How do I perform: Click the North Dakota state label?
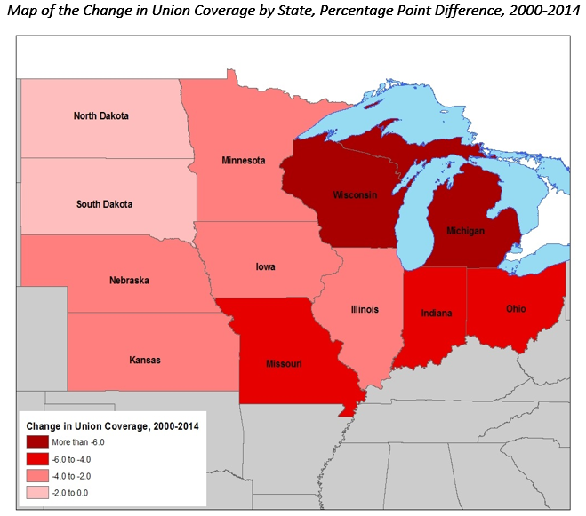pyautogui.click(x=100, y=116)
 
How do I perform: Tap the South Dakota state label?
pyautogui.click(x=104, y=204)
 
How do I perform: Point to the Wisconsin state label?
pyautogui.click(x=356, y=194)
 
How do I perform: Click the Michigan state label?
pyautogui.click(x=465, y=231)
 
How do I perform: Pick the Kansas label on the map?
pyautogui.click(x=145, y=361)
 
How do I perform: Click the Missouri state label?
pyautogui.click(x=285, y=364)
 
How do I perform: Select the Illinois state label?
pyautogui.click(x=365, y=309)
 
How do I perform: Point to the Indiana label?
pyautogui.click(x=436, y=313)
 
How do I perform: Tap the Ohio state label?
pyautogui.click(x=517, y=308)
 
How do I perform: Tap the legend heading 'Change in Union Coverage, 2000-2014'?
pyautogui.click(x=112, y=425)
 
